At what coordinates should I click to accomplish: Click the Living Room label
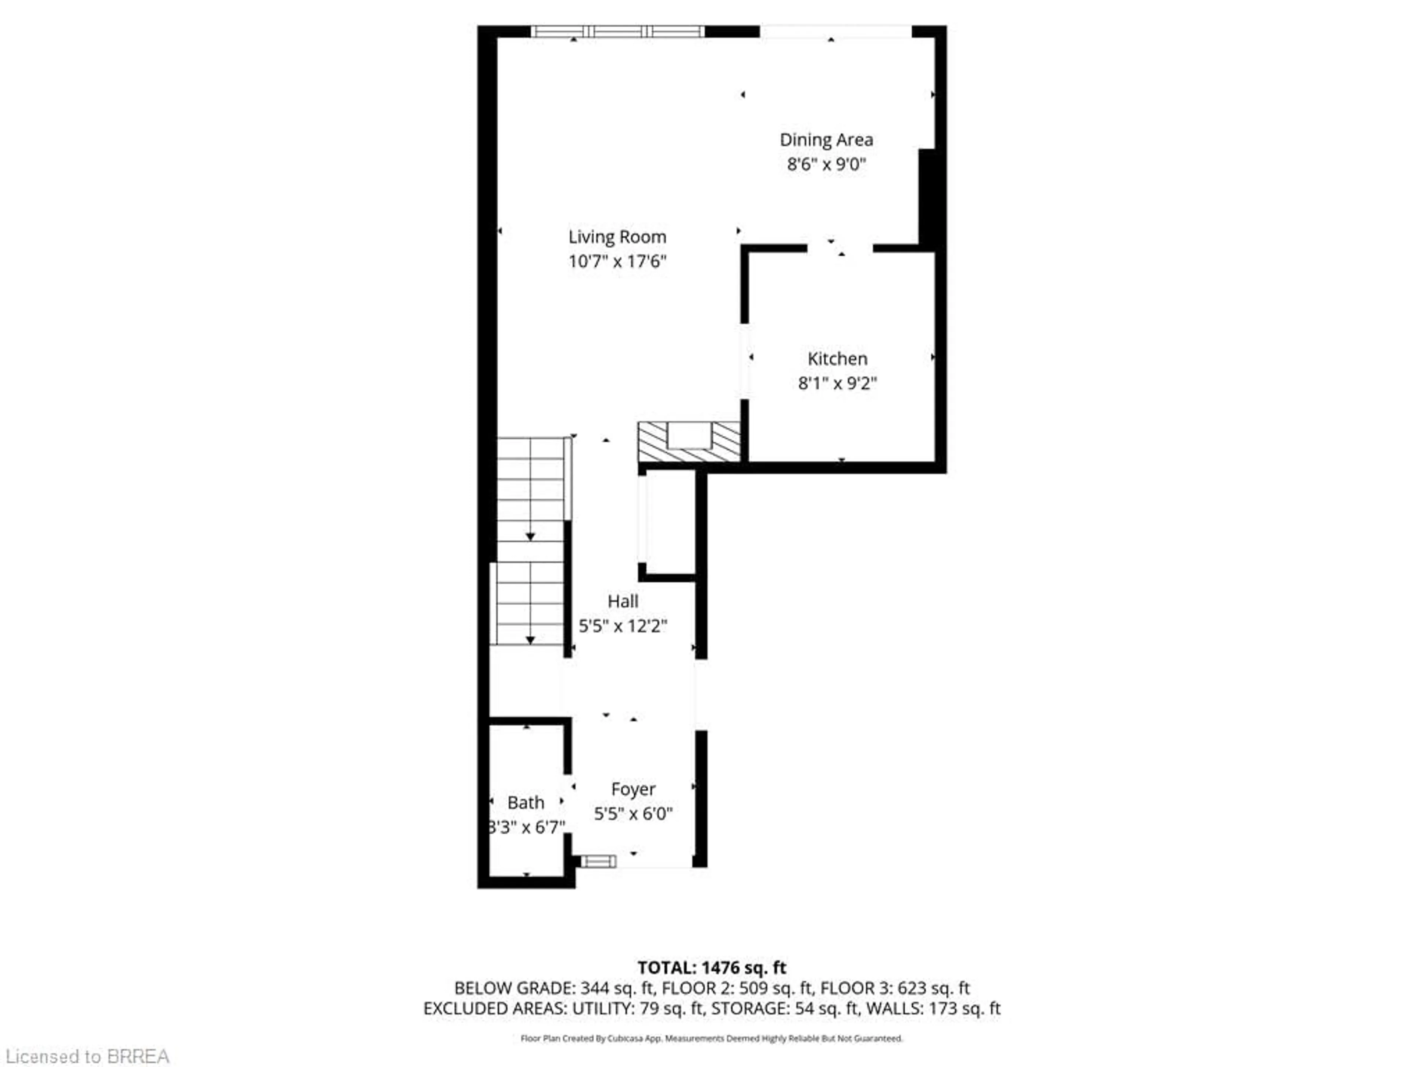tap(617, 237)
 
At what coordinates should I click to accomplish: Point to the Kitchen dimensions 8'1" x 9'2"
tap(837, 383)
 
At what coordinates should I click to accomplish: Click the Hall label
tap(623, 601)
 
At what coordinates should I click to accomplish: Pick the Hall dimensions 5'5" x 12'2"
tap(623, 626)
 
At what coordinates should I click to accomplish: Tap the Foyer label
tap(633, 789)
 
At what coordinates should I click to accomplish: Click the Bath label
tap(525, 803)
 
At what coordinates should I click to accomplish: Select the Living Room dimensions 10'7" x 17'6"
tap(617, 261)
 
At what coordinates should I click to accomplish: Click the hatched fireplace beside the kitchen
tap(689, 442)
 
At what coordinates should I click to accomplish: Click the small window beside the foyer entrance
tap(598, 861)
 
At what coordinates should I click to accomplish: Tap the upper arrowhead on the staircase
tap(530, 536)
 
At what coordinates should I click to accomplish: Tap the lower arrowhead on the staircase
tap(530, 640)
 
